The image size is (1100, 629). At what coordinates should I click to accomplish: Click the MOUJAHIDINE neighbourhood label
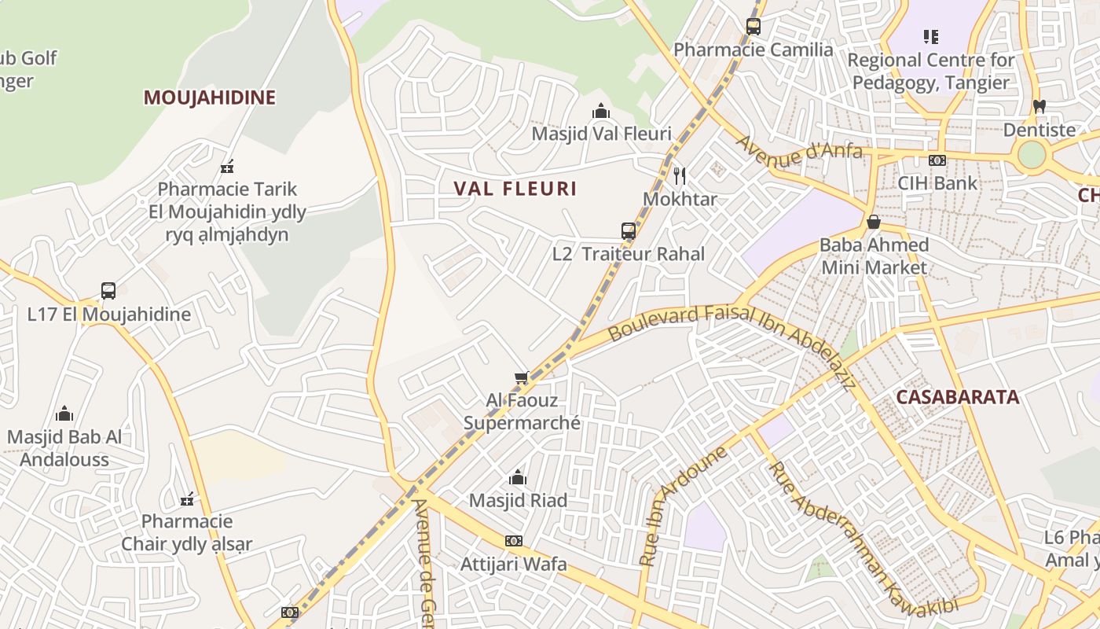click(209, 97)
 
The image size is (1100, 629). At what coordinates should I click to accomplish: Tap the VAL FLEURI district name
click(515, 189)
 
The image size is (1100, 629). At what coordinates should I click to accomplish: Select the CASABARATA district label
click(957, 397)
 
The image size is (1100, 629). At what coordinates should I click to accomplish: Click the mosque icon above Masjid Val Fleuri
click(601, 111)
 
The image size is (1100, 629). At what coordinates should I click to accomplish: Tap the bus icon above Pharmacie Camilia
click(753, 27)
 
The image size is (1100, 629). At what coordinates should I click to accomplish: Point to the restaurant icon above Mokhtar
click(680, 175)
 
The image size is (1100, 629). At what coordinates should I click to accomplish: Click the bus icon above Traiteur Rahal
click(629, 230)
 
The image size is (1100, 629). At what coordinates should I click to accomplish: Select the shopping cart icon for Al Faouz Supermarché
click(521, 378)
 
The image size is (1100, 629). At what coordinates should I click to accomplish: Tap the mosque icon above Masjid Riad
click(517, 477)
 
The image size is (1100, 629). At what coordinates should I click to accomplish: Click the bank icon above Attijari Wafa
click(513, 541)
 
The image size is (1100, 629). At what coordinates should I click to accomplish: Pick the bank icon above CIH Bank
click(937, 160)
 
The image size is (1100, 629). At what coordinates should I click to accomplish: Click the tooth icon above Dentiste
click(1039, 106)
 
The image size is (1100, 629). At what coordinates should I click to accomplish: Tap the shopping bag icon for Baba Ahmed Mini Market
click(873, 222)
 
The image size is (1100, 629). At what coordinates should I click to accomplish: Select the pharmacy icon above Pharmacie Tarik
click(228, 166)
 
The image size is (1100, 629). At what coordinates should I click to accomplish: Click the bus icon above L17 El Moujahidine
click(108, 291)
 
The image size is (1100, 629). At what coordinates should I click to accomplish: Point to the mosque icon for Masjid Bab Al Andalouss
click(64, 414)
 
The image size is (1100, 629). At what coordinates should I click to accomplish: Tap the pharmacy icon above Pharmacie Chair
click(187, 498)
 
